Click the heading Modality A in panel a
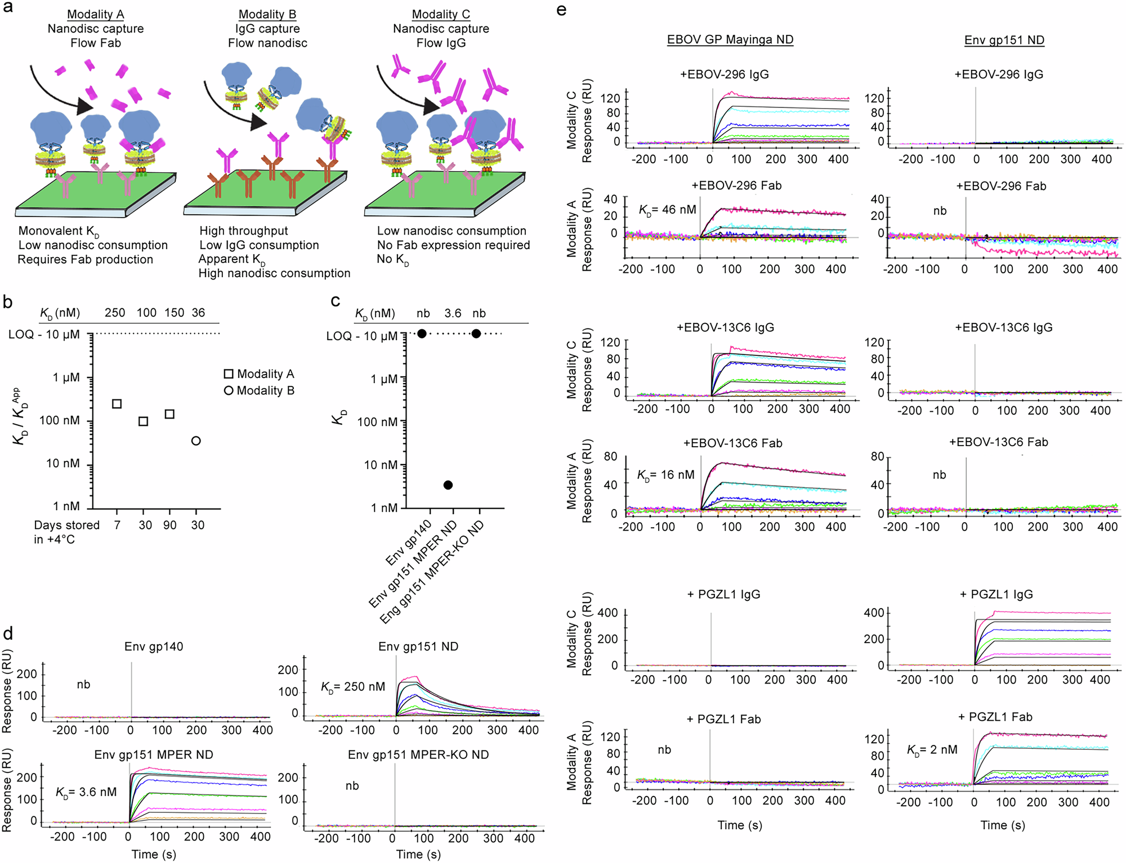coord(95,14)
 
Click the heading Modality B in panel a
coord(267,14)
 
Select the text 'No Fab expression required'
coord(453,245)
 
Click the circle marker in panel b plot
coord(196,441)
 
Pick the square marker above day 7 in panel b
coord(117,404)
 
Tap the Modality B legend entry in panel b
coord(259,390)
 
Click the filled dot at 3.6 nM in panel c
coord(448,485)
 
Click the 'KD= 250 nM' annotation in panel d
coord(353,687)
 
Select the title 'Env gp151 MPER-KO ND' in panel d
coord(418,755)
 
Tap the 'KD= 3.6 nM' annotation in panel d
coord(86,792)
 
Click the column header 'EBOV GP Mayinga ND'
coord(730,40)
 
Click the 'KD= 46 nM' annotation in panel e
coord(667,210)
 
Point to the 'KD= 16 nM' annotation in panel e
coord(665,475)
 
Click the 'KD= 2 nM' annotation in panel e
coord(932,750)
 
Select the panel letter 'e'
coord(561,10)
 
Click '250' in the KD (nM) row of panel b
coord(115,313)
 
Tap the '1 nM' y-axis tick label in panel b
coord(67,506)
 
